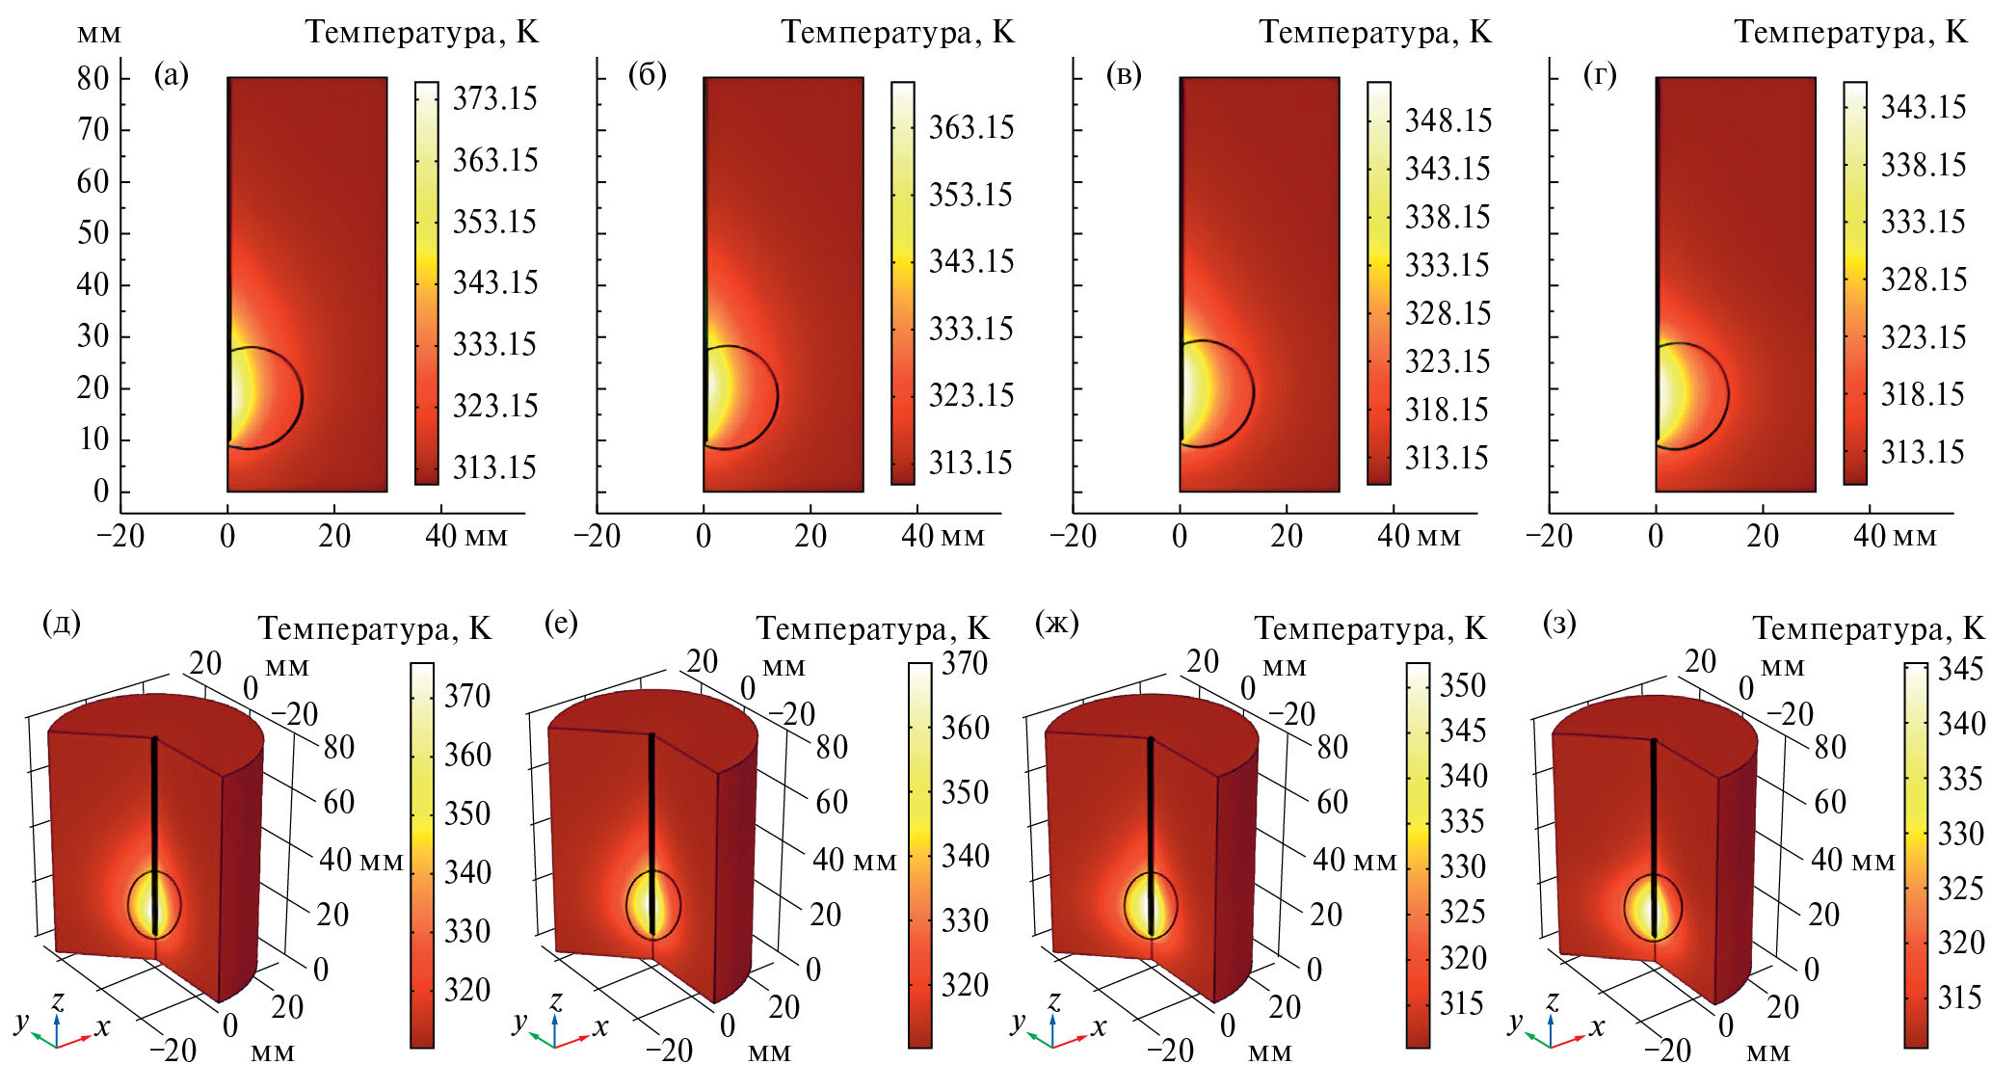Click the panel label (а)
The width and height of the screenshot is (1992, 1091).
coord(172,74)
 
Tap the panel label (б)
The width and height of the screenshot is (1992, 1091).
coord(647,74)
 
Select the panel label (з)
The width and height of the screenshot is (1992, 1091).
coord(1559,623)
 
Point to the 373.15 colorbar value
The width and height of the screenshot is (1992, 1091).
coord(494,98)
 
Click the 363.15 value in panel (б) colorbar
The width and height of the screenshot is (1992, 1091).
coord(970,127)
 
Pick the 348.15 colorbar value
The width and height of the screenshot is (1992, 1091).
coord(1448,120)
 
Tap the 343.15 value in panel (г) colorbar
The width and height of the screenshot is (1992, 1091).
coord(1924,106)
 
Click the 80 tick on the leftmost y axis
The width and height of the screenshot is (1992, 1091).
coord(93,78)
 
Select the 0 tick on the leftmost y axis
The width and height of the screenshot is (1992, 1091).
coord(100,492)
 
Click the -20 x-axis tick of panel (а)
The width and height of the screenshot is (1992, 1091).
coord(120,536)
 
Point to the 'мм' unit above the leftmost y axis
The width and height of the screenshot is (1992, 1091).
coord(99,34)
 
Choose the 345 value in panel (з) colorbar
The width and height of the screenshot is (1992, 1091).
coord(1960,669)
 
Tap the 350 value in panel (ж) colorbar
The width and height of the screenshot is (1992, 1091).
coord(1462,685)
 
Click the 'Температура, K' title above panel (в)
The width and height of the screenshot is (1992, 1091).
coord(1375,33)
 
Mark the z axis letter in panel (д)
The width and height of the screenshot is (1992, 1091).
coord(58,1000)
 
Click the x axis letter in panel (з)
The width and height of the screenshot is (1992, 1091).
coord(1597,1027)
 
